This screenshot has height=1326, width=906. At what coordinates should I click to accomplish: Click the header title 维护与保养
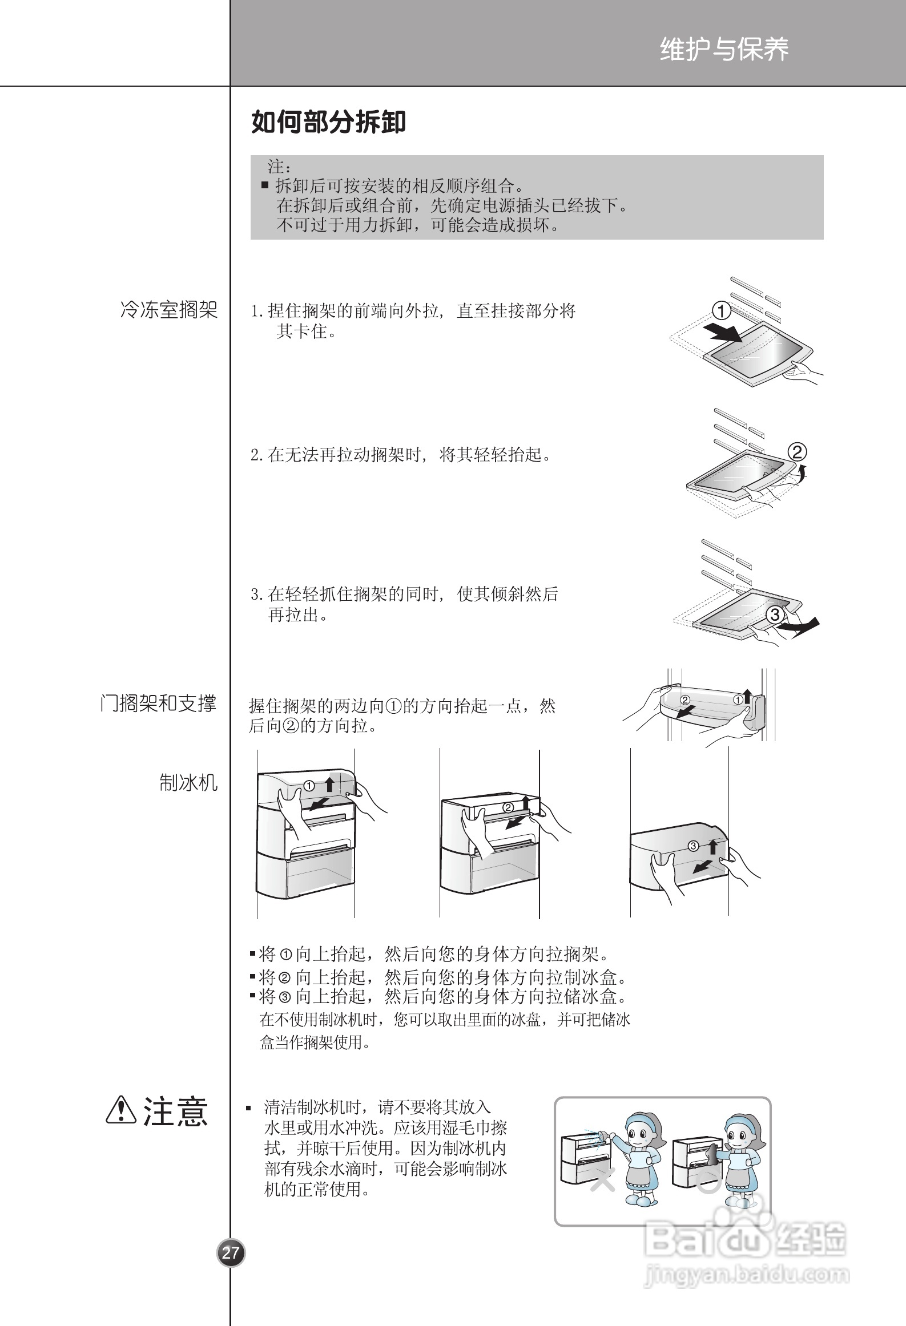coord(724,50)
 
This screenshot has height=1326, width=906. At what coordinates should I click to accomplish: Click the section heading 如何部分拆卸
coord(328,122)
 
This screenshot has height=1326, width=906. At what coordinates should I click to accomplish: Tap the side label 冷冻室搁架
coord(169,310)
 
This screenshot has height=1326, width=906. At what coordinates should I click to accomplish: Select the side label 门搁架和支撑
coord(159,704)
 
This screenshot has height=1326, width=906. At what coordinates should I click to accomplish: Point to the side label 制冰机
coord(188,783)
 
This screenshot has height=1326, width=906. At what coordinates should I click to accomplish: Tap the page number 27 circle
coord(231,1253)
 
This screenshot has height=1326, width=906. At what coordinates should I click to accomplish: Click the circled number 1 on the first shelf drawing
coord(722,312)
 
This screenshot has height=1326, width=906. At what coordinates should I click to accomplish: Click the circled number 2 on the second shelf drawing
coord(797,452)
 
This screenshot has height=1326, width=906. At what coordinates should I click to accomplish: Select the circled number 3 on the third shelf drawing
coord(775,615)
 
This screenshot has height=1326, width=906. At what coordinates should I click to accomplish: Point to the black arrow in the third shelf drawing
coord(802,625)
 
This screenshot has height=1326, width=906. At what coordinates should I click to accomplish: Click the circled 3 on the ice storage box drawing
coord(693,846)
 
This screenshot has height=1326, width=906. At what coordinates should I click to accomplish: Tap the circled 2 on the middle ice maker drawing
coord(508,807)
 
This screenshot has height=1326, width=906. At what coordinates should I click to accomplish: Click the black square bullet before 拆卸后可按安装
coord(265,185)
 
